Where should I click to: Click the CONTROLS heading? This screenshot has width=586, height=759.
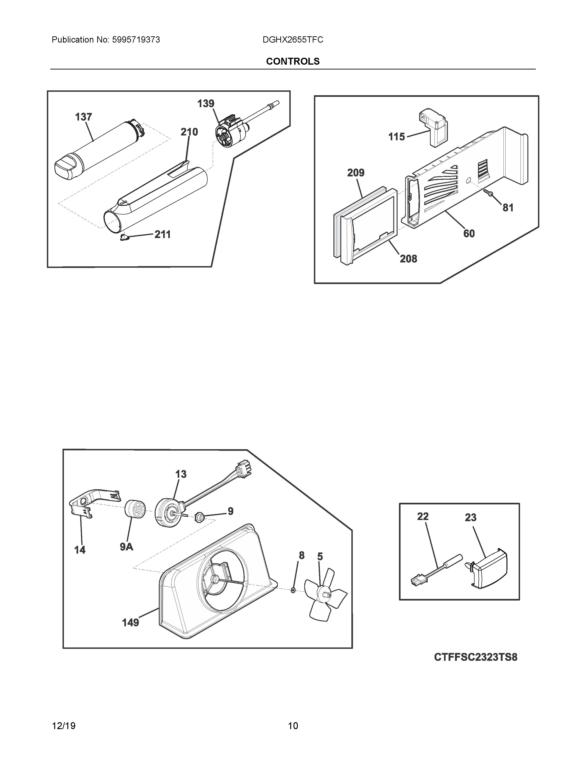click(x=293, y=61)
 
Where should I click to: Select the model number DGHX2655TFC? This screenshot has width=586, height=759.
click(x=293, y=40)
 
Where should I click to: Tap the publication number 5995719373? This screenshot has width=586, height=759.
click(x=136, y=40)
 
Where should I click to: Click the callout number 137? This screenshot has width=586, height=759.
click(x=84, y=117)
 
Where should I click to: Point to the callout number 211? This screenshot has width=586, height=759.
click(x=162, y=235)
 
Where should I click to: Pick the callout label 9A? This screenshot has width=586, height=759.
click(x=126, y=547)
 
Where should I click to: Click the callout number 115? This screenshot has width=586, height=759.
click(x=396, y=137)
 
